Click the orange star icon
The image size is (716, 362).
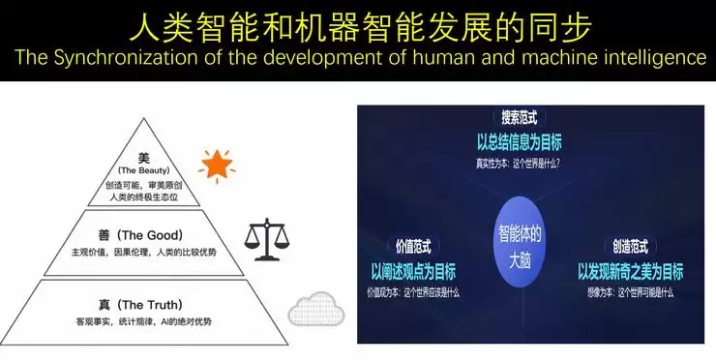(217, 165)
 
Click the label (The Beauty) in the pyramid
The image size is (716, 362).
(145, 170)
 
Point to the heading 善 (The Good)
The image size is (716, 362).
(147, 235)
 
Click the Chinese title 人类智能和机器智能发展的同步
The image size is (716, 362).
(358, 23)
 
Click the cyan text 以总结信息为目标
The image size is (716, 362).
(519, 140)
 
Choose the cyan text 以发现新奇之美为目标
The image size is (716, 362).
(629, 271)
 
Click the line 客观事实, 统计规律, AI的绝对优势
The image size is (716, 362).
(143, 320)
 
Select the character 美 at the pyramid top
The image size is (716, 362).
(145, 157)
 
